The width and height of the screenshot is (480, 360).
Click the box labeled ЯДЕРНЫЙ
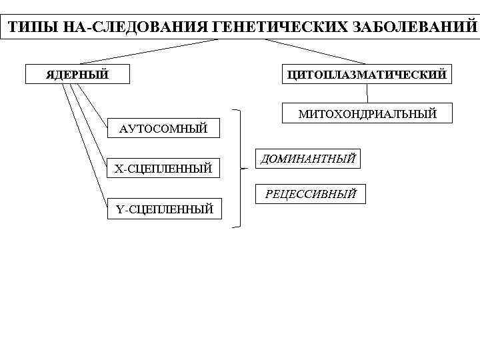77,74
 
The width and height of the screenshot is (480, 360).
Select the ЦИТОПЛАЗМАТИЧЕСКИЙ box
365,74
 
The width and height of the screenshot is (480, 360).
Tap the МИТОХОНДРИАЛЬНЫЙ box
367,113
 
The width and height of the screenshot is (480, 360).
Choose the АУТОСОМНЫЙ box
163,128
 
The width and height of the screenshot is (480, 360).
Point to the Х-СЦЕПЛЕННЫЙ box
163,169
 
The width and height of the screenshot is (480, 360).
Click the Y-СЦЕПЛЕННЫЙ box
164,209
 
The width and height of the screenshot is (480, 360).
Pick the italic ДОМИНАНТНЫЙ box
307,159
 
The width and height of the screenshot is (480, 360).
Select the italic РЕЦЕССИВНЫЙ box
311,194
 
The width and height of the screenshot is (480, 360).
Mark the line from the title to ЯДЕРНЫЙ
147,51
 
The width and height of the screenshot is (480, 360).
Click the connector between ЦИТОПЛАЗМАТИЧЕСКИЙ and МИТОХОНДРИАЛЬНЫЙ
367,94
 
